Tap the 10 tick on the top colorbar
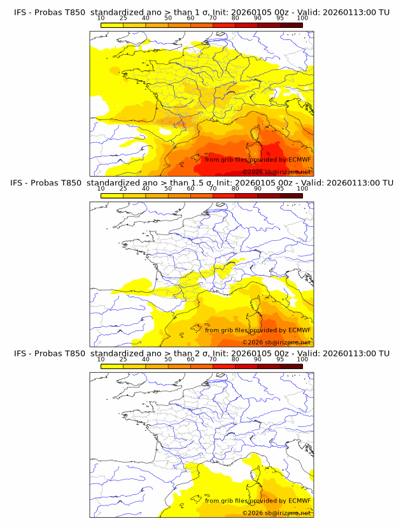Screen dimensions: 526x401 pos(101,18)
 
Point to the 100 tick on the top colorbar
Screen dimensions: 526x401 pos(302,18)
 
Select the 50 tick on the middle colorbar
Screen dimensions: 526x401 pos(168,189)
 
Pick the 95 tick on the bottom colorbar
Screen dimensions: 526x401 pos(280,359)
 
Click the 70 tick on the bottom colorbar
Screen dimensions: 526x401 pos(213,359)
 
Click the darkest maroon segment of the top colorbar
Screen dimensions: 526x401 pos(291,25)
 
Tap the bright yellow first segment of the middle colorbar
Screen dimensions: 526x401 pos(111,196)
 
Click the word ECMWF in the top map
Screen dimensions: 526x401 pos(299,159)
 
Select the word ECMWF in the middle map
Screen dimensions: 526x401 pos(299,330)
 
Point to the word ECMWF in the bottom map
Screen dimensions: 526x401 pos(299,501)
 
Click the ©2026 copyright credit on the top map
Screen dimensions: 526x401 pos(277,172)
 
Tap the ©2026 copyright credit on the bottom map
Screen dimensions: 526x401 pos(277,513)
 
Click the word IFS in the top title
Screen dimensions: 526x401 pos(20,12)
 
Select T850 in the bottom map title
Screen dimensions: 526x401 pos(73,353)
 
